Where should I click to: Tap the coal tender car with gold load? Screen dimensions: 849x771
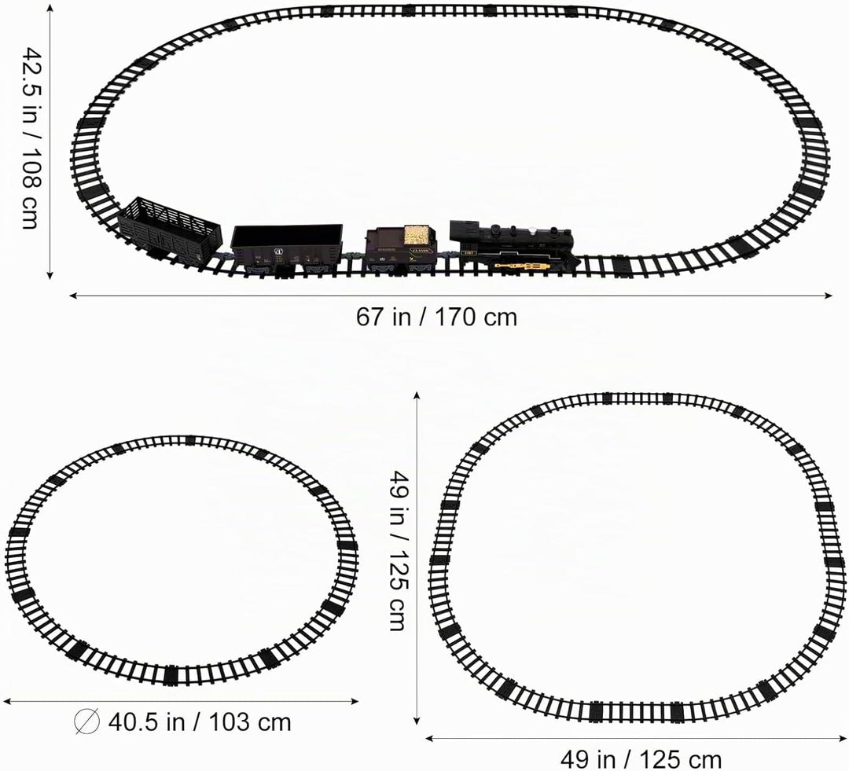point(401,248)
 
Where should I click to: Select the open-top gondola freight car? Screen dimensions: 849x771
point(286,250)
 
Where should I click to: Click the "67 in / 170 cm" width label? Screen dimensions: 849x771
point(436,317)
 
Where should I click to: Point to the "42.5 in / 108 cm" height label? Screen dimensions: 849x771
point(32,138)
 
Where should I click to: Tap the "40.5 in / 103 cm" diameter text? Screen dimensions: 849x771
point(200,722)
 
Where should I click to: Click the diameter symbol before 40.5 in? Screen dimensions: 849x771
point(87,721)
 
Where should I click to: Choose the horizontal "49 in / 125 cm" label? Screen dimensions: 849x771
point(641,759)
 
